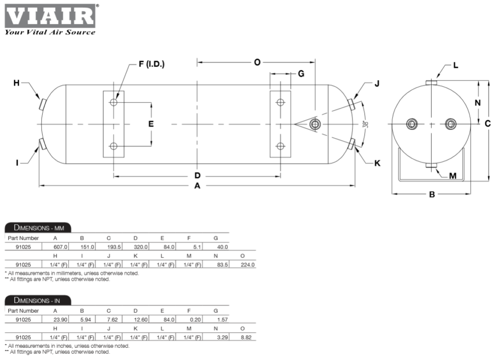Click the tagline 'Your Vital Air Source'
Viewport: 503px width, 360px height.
[x=50, y=32]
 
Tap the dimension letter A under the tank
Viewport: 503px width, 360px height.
[x=197, y=186]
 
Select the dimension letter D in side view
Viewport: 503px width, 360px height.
[x=197, y=175]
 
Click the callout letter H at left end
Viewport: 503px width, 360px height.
[x=16, y=83]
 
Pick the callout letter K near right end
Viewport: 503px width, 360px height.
[x=377, y=163]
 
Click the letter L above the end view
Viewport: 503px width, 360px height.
[x=456, y=65]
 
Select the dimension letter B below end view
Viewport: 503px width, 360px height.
[x=432, y=194]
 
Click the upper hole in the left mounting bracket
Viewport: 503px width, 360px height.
[x=113, y=102]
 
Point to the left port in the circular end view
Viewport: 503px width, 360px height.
[x=412, y=124]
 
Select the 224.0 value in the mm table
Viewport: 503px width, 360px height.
[x=248, y=265]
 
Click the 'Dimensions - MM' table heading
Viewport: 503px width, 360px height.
[x=38, y=227]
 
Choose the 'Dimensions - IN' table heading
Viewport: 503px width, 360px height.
[x=38, y=300]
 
